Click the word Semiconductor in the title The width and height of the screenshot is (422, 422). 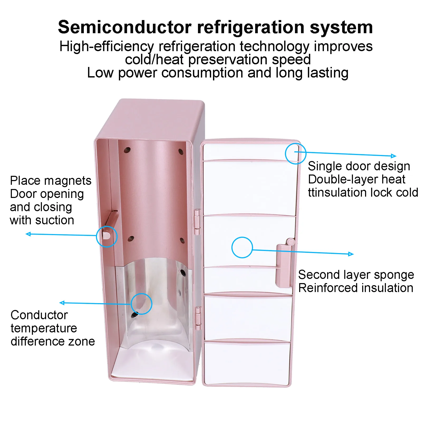tap(125, 27)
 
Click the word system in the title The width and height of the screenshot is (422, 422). tap(341, 27)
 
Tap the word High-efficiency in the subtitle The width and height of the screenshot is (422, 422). tap(106, 46)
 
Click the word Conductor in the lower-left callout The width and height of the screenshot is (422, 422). tap(39, 315)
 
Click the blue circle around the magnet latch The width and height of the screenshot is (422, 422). tap(107, 236)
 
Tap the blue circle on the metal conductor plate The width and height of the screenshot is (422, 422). tap(142, 304)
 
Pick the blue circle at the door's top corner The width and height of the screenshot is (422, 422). tap(295, 153)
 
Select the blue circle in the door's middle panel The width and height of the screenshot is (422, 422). tap(242, 247)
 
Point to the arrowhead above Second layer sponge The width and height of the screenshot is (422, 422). tap(351, 254)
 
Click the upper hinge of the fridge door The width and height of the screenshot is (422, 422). tap(197, 221)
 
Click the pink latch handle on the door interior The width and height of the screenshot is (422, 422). tap(284, 265)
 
